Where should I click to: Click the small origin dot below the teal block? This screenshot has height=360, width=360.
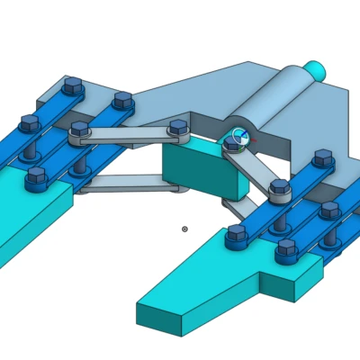click(184, 229)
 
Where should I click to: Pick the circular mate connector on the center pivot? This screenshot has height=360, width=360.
click(238, 138)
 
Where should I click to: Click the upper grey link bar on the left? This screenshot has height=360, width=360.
click(126, 137)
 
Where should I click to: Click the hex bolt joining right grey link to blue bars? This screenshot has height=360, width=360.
click(279, 188)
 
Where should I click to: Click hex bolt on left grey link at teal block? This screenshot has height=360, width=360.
click(177, 128)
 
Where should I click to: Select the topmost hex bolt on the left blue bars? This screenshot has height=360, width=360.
click(73, 85)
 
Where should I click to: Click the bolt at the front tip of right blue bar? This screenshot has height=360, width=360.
click(237, 233)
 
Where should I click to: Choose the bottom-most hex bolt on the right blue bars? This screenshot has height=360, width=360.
click(287, 247)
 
